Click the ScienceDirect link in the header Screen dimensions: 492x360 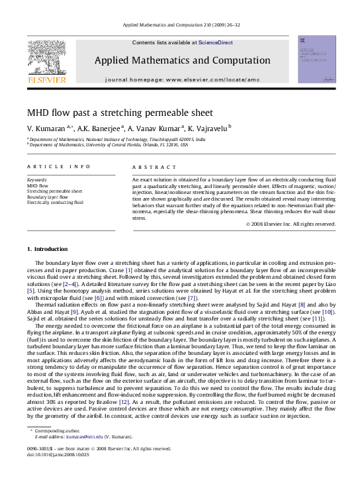click(216, 42)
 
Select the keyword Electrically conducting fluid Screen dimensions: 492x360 click(55, 203)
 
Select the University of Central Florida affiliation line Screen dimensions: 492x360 click(110, 145)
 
